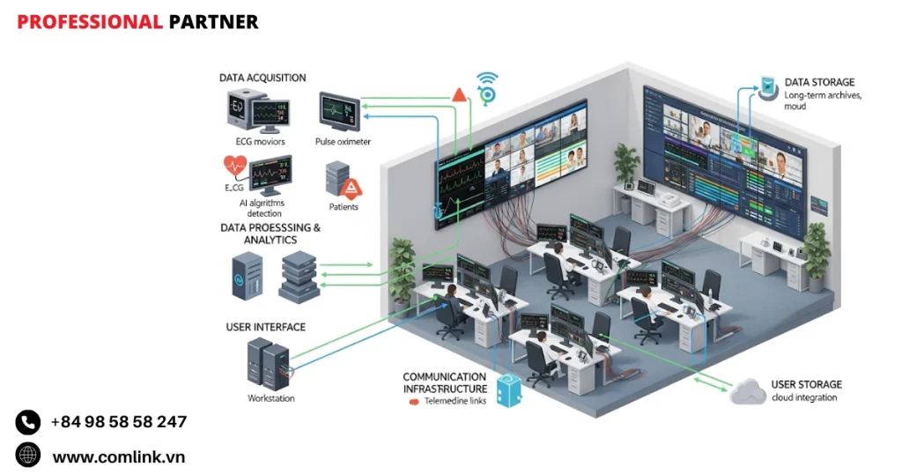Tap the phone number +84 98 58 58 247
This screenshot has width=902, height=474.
point(118,422)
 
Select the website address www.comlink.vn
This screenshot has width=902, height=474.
point(118,456)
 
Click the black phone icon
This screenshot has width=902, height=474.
point(28,423)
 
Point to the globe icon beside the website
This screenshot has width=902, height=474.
point(28,455)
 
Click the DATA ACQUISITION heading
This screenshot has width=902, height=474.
point(262,78)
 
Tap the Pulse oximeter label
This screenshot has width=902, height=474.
point(343,141)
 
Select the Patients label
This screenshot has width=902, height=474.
point(344,207)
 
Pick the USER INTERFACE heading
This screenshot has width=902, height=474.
point(266,327)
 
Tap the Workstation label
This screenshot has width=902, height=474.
point(271,398)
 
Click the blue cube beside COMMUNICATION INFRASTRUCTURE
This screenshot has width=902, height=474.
point(510,389)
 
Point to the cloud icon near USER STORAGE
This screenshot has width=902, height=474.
point(748,391)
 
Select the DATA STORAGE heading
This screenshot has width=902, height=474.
point(818,83)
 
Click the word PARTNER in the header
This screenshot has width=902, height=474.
point(213,22)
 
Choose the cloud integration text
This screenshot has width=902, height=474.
point(805,398)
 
